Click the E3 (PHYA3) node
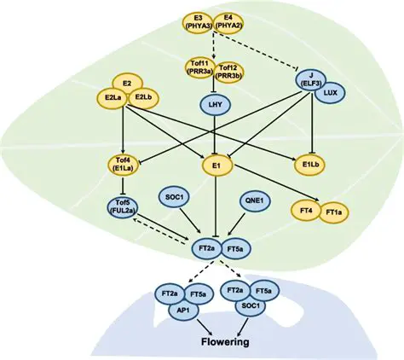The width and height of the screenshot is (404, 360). pyautogui.click(x=197, y=21)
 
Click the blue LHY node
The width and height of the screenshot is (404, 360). pyautogui.click(x=213, y=105)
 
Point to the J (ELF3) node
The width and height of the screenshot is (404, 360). pyautogui.click(x=307, y=79)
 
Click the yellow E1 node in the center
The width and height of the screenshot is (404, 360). pyautogui.click(x=213, y=164)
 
